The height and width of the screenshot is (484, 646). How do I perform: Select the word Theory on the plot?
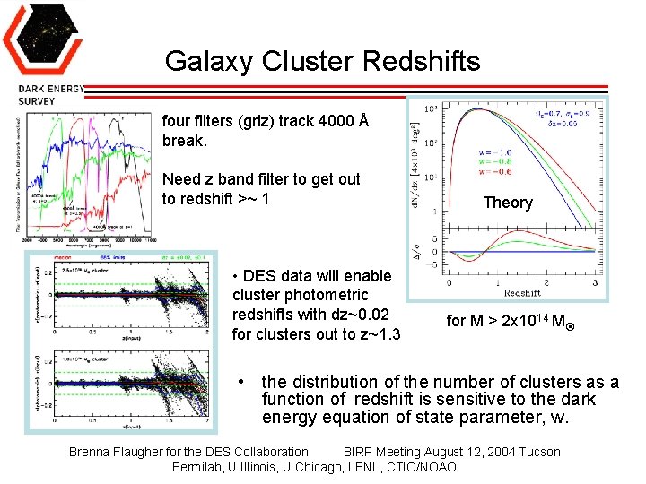[x=508, y=203]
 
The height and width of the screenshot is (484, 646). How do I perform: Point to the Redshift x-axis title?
[x=522, y=293]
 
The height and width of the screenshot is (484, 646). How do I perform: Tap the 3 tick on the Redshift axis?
[x=595, y=282]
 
